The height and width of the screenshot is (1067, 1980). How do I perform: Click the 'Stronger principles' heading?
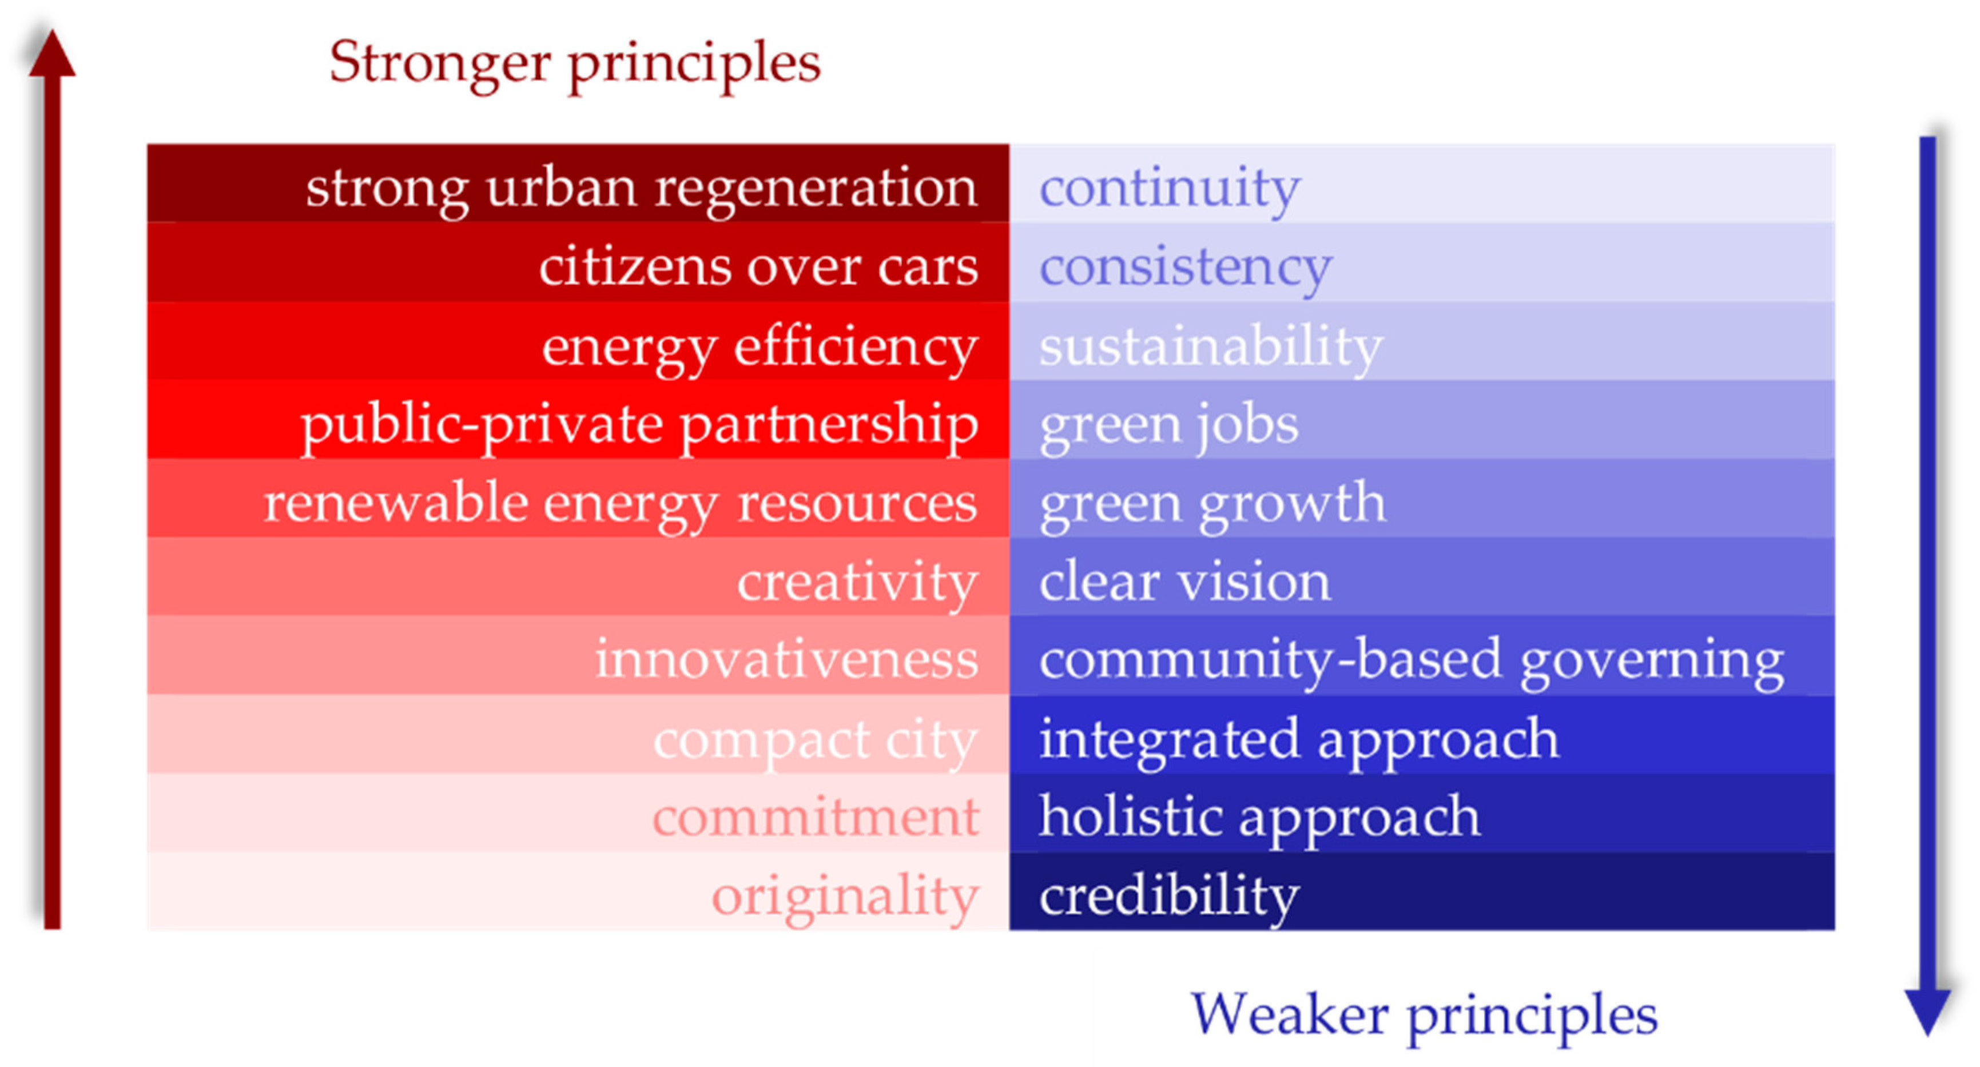575,63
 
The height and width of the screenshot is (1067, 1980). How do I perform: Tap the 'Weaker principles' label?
1424,1015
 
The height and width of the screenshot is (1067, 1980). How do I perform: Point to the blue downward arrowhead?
1927,1011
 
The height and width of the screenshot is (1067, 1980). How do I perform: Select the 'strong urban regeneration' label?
642,188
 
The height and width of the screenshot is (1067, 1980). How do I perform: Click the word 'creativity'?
857,582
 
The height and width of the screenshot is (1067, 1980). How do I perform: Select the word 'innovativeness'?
786,659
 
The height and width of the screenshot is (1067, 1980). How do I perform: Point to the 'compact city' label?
815,739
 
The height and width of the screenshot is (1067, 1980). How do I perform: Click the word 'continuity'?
1169,188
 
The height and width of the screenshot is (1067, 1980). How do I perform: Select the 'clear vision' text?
1184,582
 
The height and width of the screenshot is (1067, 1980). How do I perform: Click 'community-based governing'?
1411,659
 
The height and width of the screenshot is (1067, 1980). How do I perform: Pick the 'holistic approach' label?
1259,817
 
